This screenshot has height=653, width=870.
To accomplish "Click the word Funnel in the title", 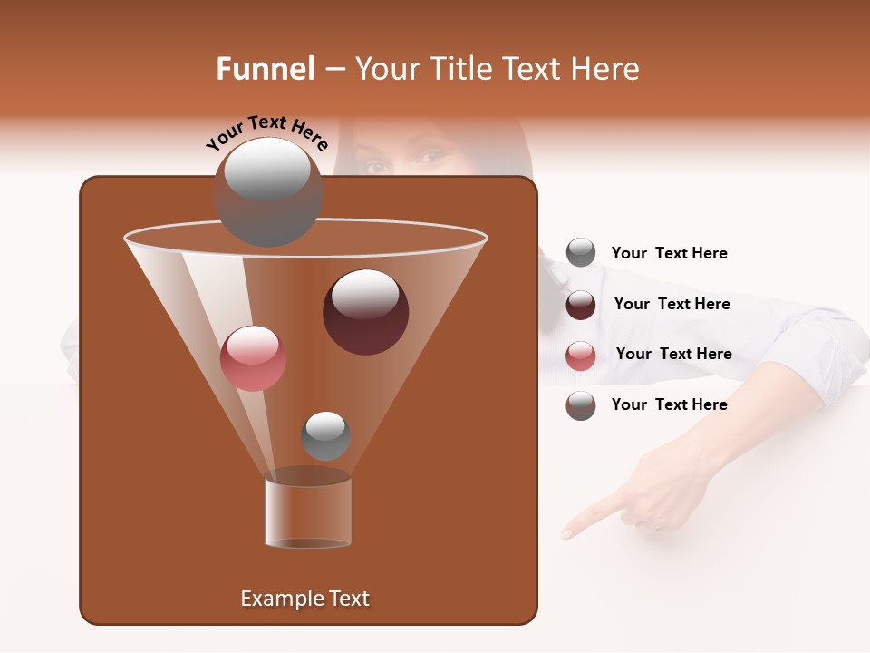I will (265, 69).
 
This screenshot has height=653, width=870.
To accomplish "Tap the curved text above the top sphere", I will (267, 132).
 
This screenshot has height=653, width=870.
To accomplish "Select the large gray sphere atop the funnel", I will (268, 192).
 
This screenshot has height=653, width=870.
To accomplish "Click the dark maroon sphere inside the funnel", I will (365, 311).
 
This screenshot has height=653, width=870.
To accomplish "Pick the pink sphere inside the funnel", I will (253, 358).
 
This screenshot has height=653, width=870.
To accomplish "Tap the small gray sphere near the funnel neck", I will (325, 435).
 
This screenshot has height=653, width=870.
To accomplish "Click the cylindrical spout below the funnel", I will (308, 512).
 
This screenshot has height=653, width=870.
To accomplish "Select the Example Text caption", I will (304, 599).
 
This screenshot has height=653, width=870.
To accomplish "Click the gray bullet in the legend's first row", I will (581, 253).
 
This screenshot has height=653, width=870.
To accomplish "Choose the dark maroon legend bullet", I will (581, 305).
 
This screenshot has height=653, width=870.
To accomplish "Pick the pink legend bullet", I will (581, 356).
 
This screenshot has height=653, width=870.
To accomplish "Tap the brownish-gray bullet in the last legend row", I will (581, 405).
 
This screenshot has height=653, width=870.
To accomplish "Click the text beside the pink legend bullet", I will (673, 354).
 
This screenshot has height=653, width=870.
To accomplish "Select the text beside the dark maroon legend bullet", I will (672, 304).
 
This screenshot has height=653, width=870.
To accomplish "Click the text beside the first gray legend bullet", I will (669, 253).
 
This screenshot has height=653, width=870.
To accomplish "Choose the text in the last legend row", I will (669, 404).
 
